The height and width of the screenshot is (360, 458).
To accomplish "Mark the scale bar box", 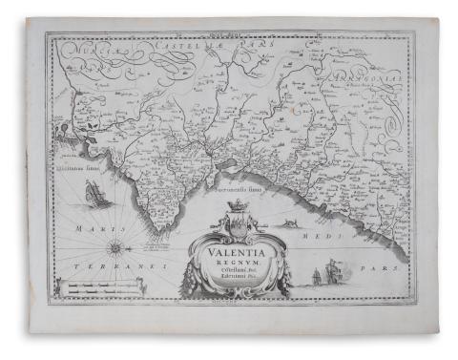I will click(91, 286).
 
